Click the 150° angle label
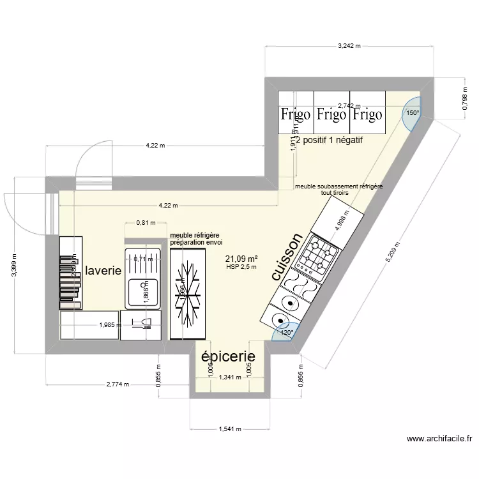click(413, 113)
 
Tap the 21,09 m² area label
click(241, 259)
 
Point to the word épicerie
click(228, 356)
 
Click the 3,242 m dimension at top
click(349, 46)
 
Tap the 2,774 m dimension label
click(118, 384)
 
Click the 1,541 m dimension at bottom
click(229, 429)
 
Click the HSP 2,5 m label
click(241, 267)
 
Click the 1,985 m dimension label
click(110, 325)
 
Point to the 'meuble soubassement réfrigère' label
click(338, 186)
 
